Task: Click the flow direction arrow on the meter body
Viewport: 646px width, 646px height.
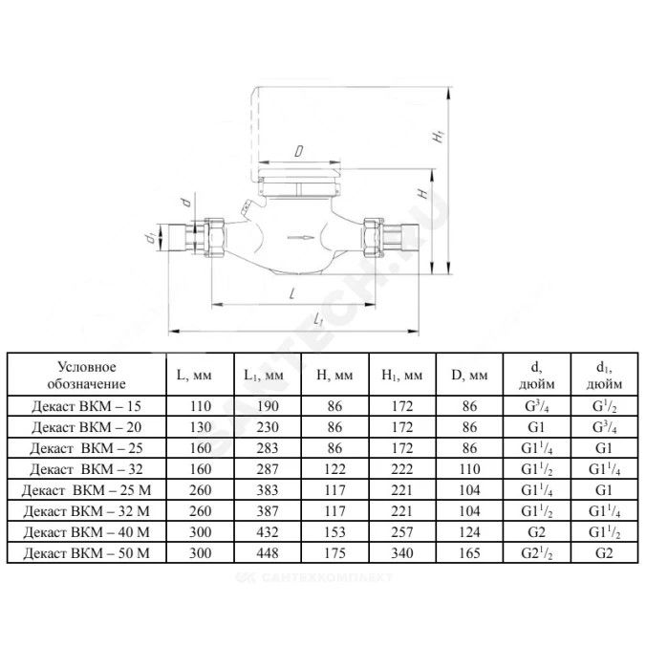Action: point(300,238)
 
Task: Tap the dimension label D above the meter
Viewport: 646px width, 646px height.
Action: point(299,151)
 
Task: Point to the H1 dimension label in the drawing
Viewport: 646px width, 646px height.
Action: point(439,137)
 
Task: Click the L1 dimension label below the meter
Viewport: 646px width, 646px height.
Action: point(317,319)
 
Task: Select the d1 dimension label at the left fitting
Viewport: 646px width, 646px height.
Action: point(152,237)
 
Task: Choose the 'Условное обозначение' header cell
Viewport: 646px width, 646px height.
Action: point(87,375)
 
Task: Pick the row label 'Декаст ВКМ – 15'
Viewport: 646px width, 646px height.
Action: point(87,406)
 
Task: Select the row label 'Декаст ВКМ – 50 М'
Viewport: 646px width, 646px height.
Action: point(87,553)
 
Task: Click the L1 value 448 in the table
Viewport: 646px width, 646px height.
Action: point(268,553)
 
